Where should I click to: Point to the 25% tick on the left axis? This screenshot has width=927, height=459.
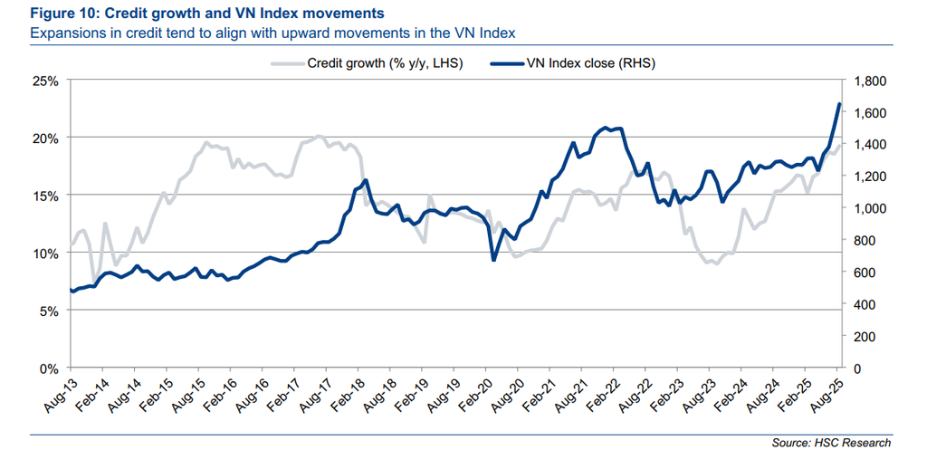coord(46,81)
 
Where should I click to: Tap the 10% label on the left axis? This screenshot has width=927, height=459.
coord(46,253)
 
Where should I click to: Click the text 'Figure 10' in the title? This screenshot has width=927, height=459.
coord(64,14)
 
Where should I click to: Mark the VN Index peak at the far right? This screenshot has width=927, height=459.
coord(839,104)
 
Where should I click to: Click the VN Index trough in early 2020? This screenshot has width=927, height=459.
coord(493,260)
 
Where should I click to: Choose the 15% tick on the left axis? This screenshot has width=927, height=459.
coord(46,196)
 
